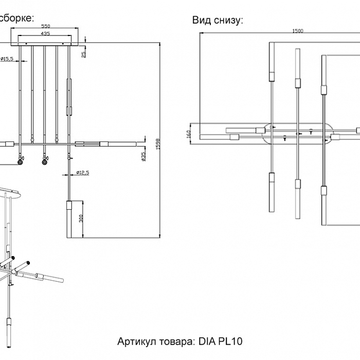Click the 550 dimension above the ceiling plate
coord(46,25)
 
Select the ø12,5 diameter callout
coord(82,173)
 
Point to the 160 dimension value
coord(189,133)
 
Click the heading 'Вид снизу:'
coord(218,20)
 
